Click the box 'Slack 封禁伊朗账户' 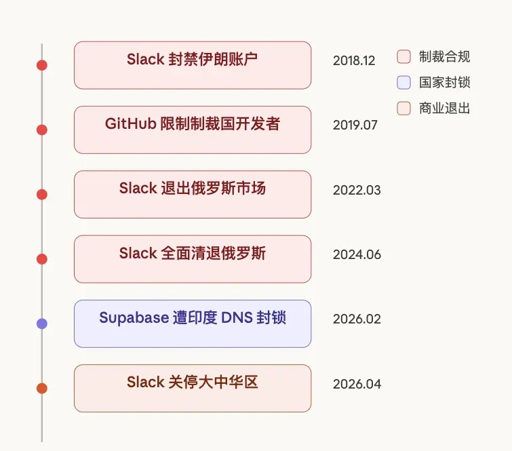[x=193, y=65]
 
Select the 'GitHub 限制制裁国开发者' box [x=193, y=130]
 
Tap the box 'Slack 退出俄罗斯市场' [x=193, y=195]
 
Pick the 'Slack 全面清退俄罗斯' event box [x=193, y=259]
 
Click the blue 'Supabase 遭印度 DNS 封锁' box [x=193, y=323]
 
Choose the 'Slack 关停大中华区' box [x=193, y=389]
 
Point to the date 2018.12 [x=354, y=61]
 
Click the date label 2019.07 [x=355, y=125]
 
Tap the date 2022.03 [x=357, y=190]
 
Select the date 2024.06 [x=357, y=255]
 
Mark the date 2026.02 [x=357, y=319]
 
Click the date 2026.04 [x=357, y=384]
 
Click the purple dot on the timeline [x=42, y=323]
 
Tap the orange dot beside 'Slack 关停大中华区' [x=42, y=389]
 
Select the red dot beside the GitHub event [x=42, y=130]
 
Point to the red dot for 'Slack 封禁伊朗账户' [x=42, y=65]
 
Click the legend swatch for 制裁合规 [x=403, y=56]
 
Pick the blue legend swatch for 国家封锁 [x=403, y=82]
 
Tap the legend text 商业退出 [x=444, y=109]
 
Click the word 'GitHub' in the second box [x=131, y=124]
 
